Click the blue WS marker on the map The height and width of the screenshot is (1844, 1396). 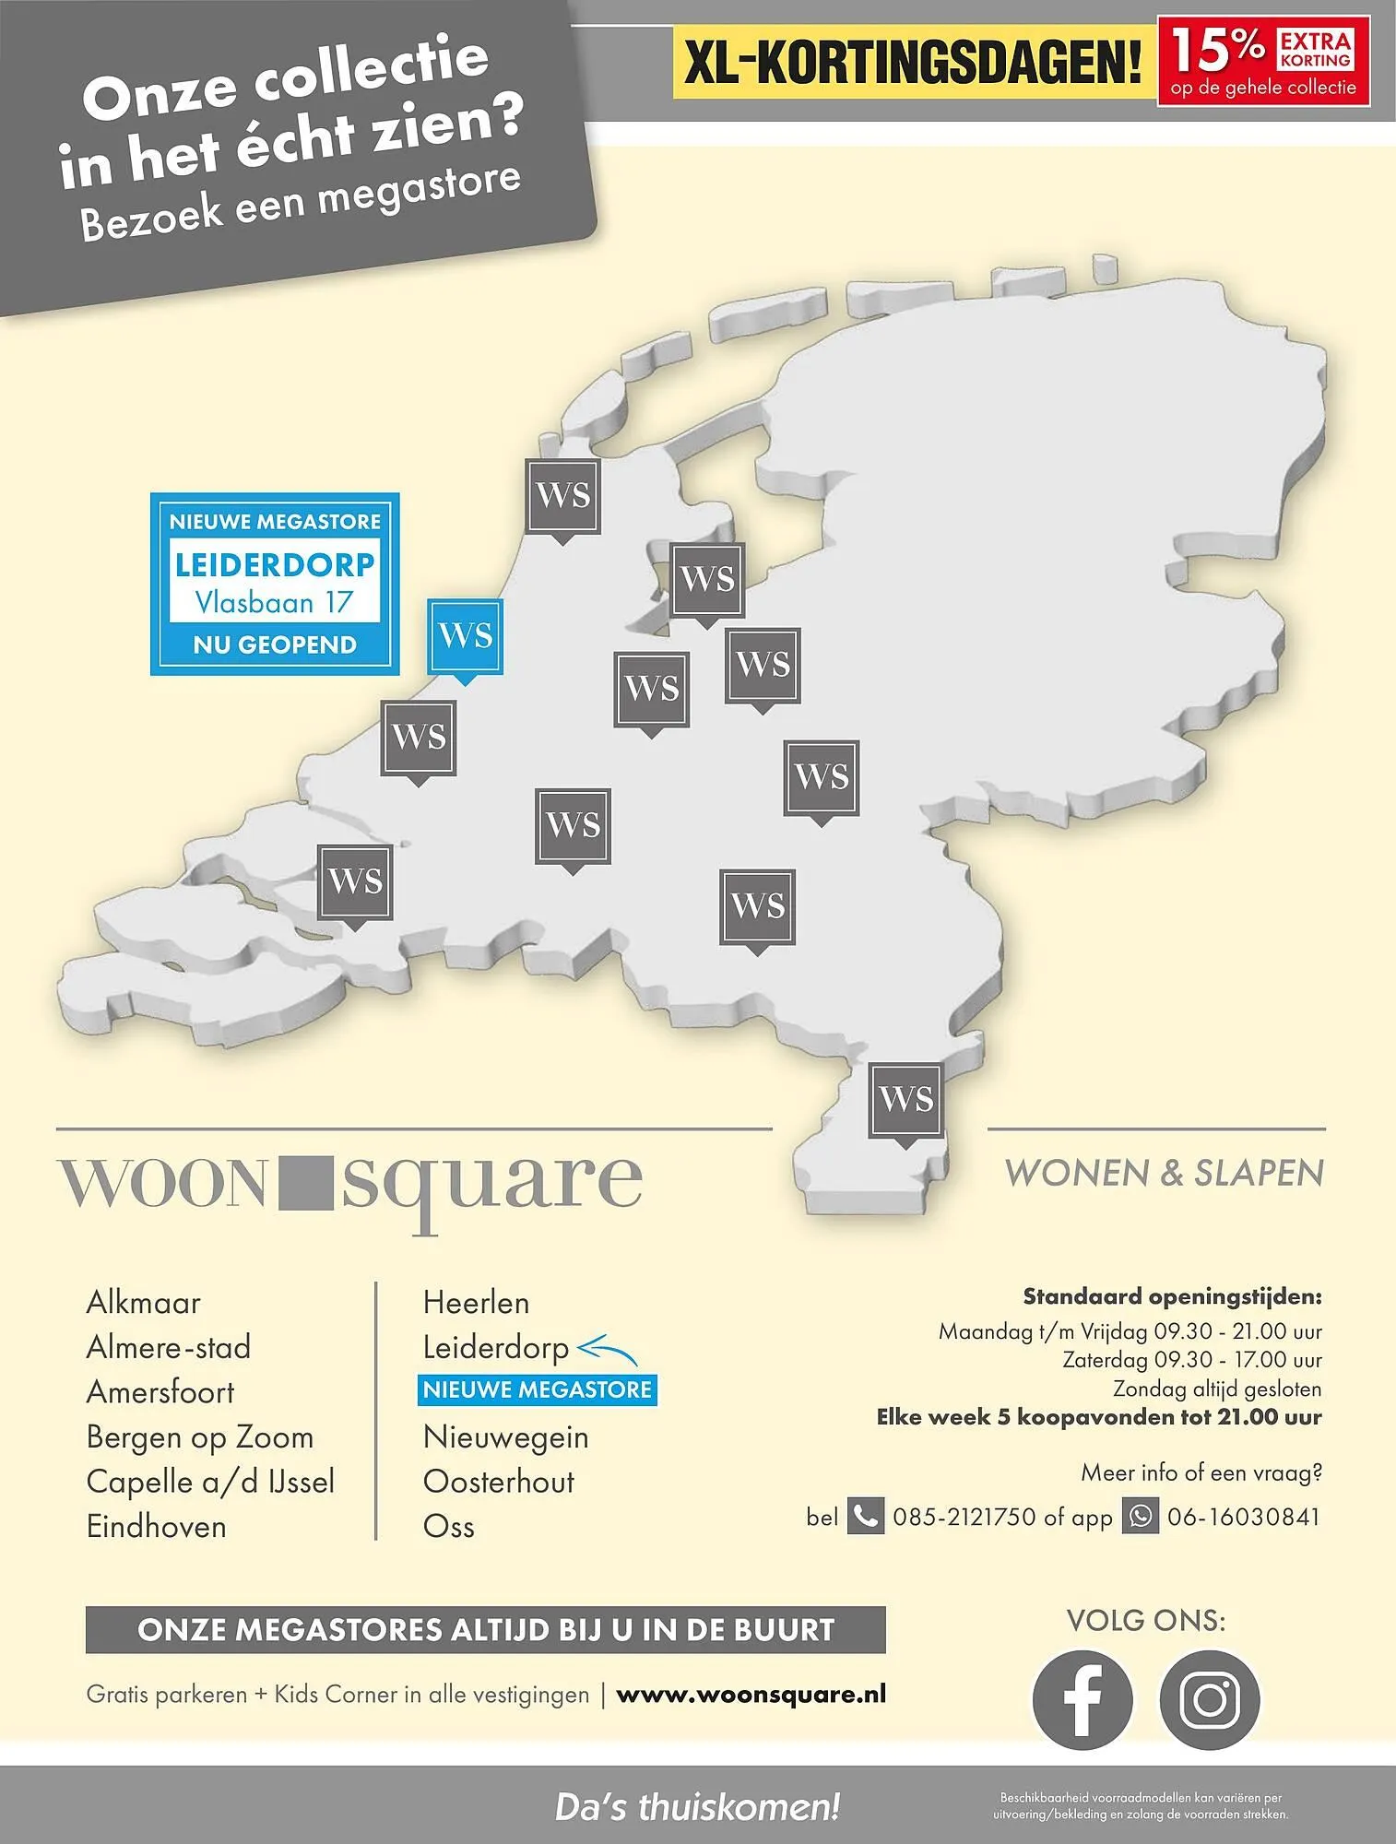(x=465, y=636)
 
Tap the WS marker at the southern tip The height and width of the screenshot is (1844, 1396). (x=905, y=1099)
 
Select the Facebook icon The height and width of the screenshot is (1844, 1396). (x=1082, y=1699)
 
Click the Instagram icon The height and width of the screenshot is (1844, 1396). (x=1209, y=1699)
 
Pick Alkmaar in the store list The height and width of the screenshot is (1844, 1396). (x=143, y=1303)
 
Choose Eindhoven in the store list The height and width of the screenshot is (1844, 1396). (x=156, y=1527)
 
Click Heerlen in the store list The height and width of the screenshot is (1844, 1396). (x=476, y=1303)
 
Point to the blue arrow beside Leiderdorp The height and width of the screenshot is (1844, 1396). (x=607, y=1351)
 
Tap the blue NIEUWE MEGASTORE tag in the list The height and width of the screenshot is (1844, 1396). (x=537, y=1389)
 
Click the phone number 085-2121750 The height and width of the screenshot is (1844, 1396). (x=964, y=1517)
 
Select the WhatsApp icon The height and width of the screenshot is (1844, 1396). (x=1141, y=1517)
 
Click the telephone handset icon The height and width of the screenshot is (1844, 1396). (x=865, y=1517)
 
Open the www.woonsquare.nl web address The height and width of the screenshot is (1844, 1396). (x=751, y=1694)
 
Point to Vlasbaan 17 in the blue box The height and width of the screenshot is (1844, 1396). (x=275, y=603)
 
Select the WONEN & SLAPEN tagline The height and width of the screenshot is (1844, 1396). (x=1164, y=1174)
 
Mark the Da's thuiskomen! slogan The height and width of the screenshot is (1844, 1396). (x=697, y=1807)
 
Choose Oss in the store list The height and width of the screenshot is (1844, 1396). (x=448, y=1527)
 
